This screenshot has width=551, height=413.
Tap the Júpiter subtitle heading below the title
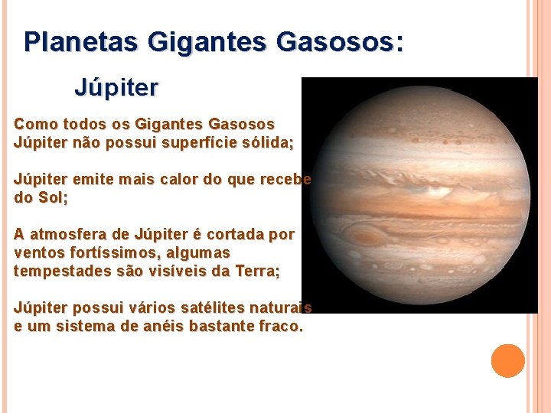(116, 88)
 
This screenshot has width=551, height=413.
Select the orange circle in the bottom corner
(507, 361)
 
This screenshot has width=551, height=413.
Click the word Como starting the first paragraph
(34, 124)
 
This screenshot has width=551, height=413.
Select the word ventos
(37, 252)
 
